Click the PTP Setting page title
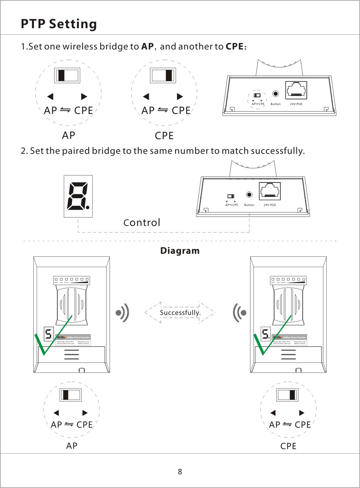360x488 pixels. tap(59, 24)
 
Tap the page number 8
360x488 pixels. tap(180, 472)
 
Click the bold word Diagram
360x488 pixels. tap(180, 251)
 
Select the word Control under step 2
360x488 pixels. tap(142, 222)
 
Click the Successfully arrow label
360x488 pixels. tap(180, 312)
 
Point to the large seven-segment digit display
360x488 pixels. tap(78, 196)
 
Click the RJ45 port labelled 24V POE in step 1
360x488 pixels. tap(296, 90)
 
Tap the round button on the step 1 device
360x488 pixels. tap(275, 93)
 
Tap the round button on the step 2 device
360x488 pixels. tap(249, 195)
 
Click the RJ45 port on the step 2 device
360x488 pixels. tap(270, 191)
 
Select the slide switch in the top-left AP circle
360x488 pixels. tap(67, 75)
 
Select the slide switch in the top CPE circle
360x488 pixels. tap(163, 75)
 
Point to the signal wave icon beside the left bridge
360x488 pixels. tap(122, 312)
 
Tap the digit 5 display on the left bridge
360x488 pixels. tap(49, 334)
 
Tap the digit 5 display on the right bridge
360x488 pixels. tap(266, 334)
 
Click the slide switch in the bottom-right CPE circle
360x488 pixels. tap(287, 395)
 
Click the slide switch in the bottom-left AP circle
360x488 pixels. tap(71, 395)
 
